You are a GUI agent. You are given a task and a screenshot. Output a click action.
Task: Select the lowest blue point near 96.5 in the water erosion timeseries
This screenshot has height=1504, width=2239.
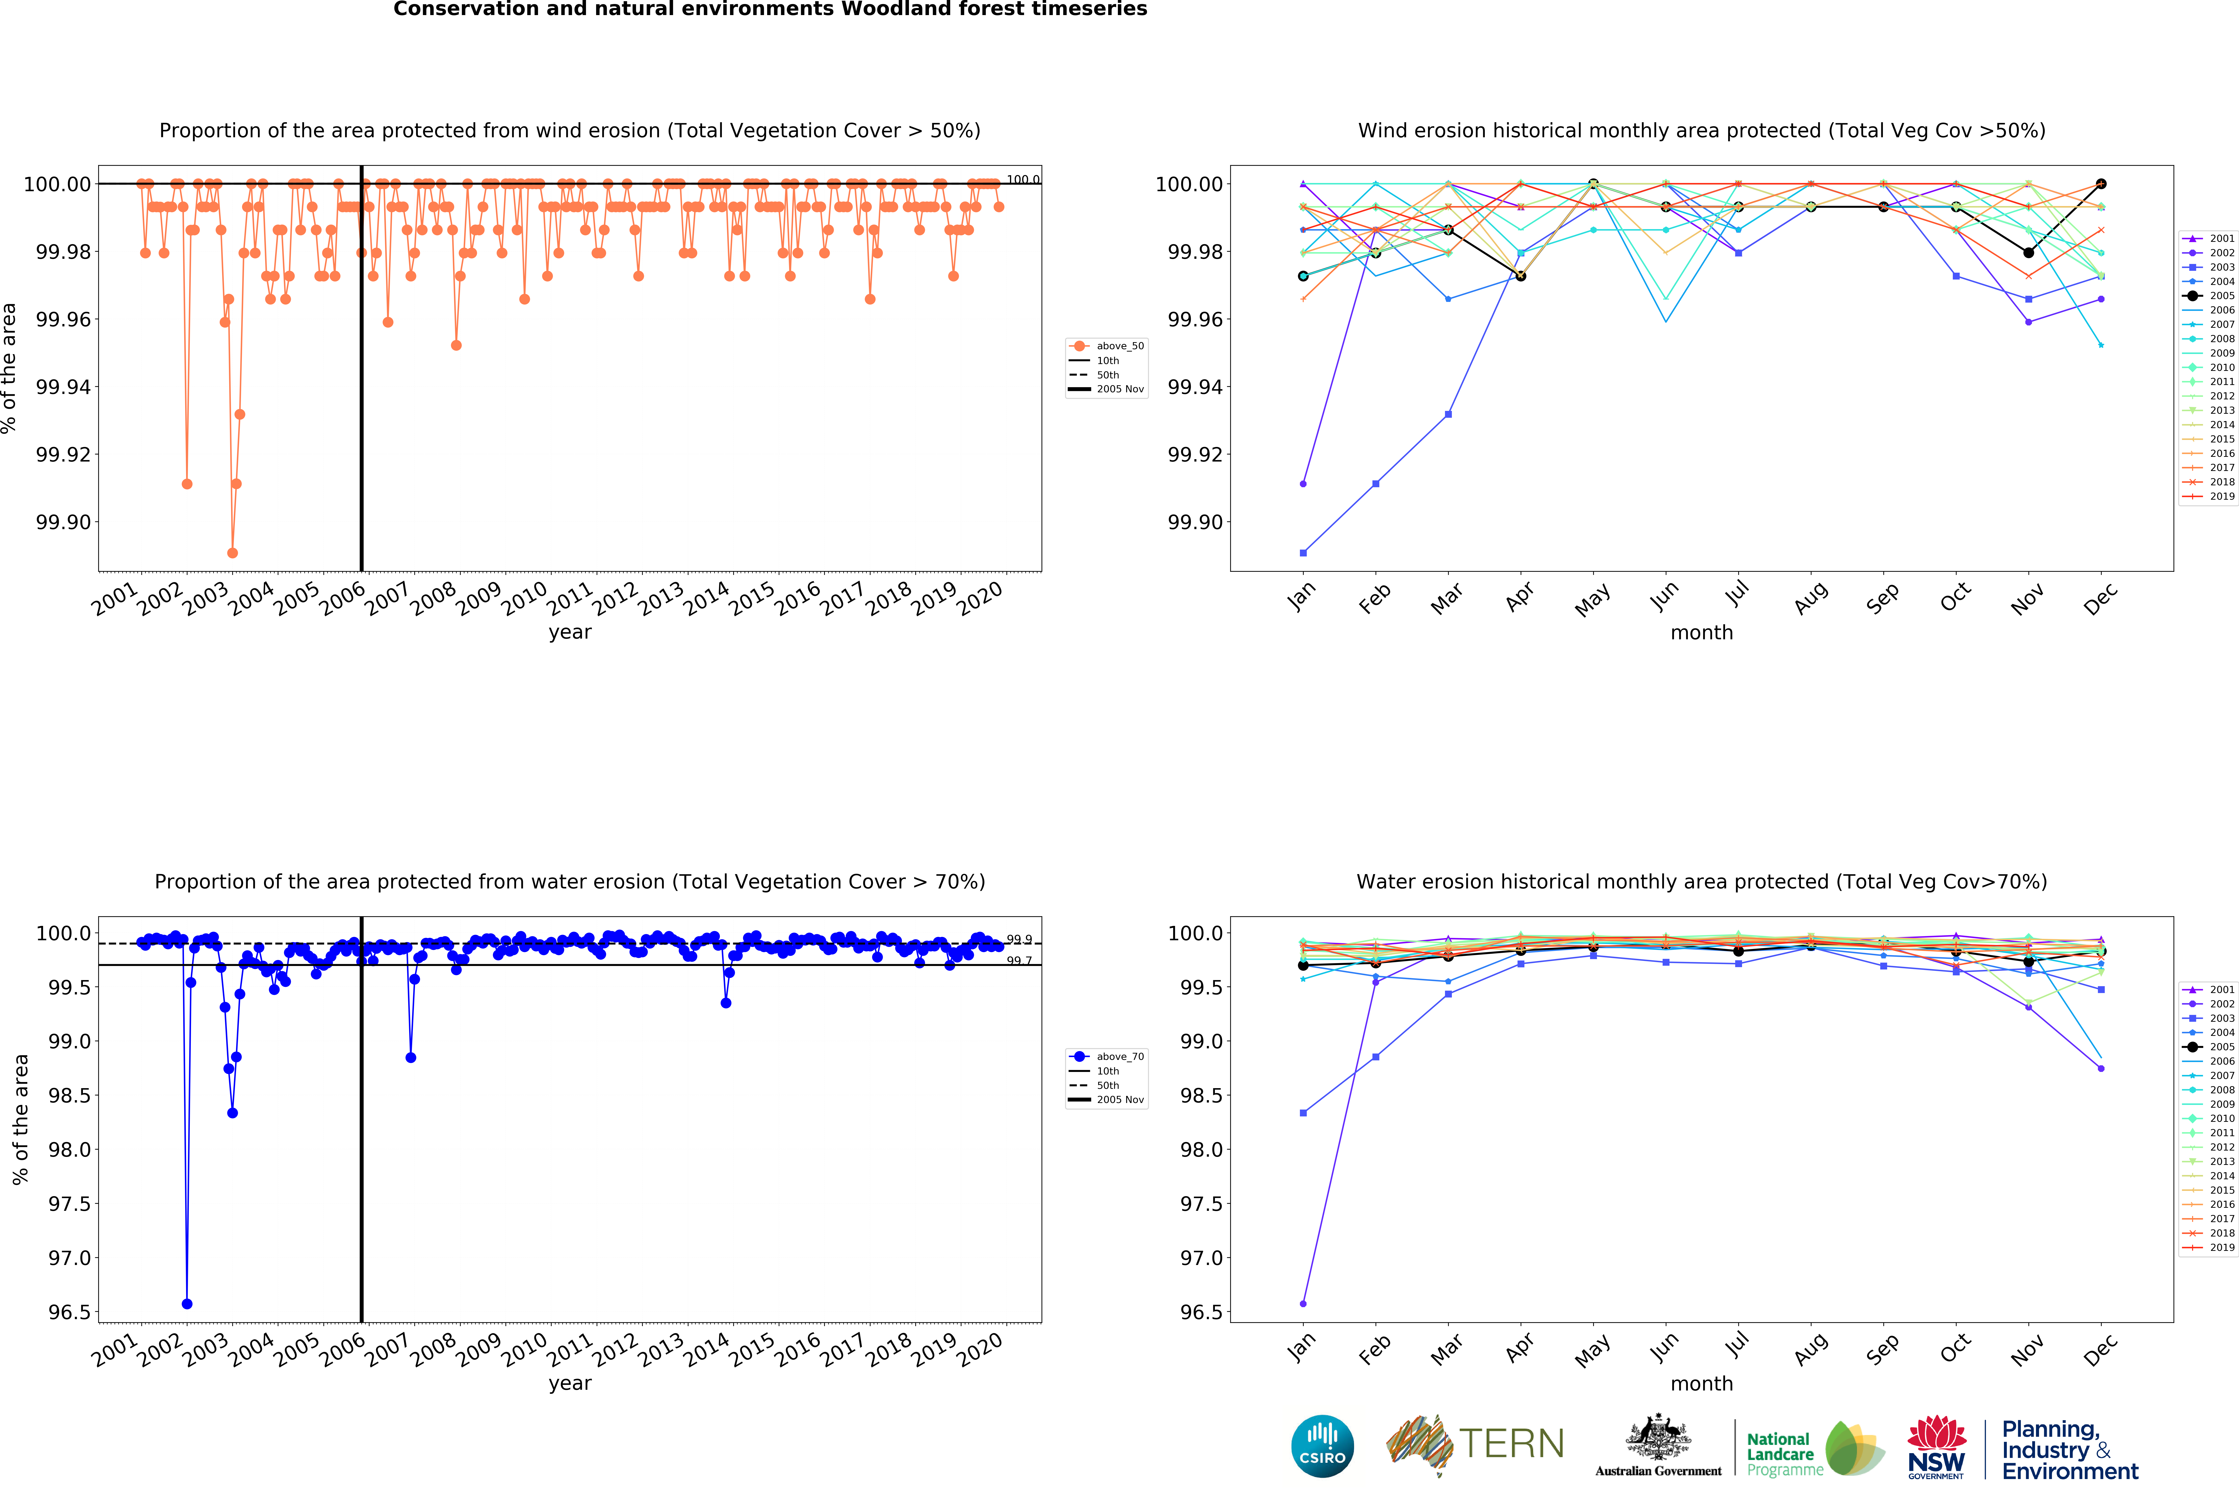[x=187, y=1304]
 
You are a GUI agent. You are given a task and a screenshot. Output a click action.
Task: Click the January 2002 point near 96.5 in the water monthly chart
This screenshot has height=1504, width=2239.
[x=1303, y=1304]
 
